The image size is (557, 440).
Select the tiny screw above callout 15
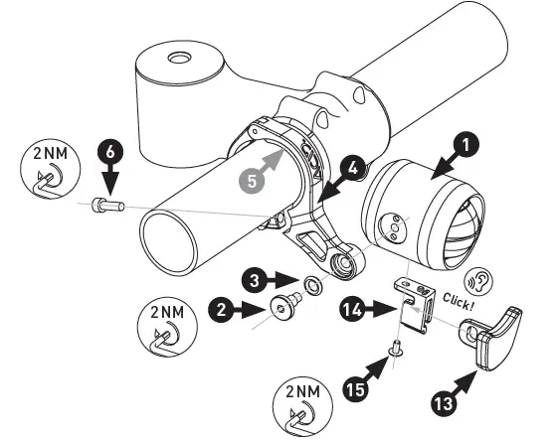click(x=395, y=348)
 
